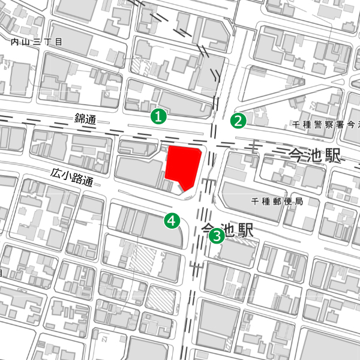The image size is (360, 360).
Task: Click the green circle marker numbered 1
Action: [x=158, y=116]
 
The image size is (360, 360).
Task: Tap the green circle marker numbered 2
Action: [x=239, y=121]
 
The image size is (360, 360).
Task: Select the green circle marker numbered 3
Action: [x=216, y=236]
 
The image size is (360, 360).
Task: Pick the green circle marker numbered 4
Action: [x=173, y=221]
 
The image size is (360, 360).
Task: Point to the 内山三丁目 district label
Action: [x=37, y=42]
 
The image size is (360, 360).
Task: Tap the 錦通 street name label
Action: [x=85, y=119]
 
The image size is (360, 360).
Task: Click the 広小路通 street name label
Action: [x=72, y=177]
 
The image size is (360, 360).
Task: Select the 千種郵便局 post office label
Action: [x=277, y=201]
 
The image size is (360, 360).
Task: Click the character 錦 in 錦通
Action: [x=80, y=119]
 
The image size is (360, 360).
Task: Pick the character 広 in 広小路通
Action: [x=56, y=173]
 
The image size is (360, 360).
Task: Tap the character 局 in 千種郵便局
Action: [x=298, y=201]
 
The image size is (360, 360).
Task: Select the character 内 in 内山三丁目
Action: [x=15, y=42]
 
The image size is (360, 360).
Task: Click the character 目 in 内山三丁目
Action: [x=59, y=42]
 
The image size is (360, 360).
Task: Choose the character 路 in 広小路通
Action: [x=78, y=178]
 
